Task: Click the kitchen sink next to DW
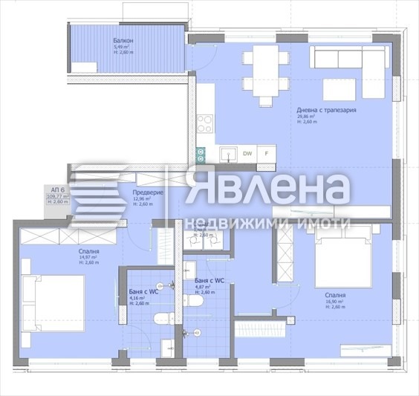(x=229, y=154)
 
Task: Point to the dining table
(x=264, y=71)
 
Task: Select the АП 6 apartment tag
(x=56, y=189)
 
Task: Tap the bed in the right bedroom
(x=342, y=260)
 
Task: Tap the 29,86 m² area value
(x=306, y=116)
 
